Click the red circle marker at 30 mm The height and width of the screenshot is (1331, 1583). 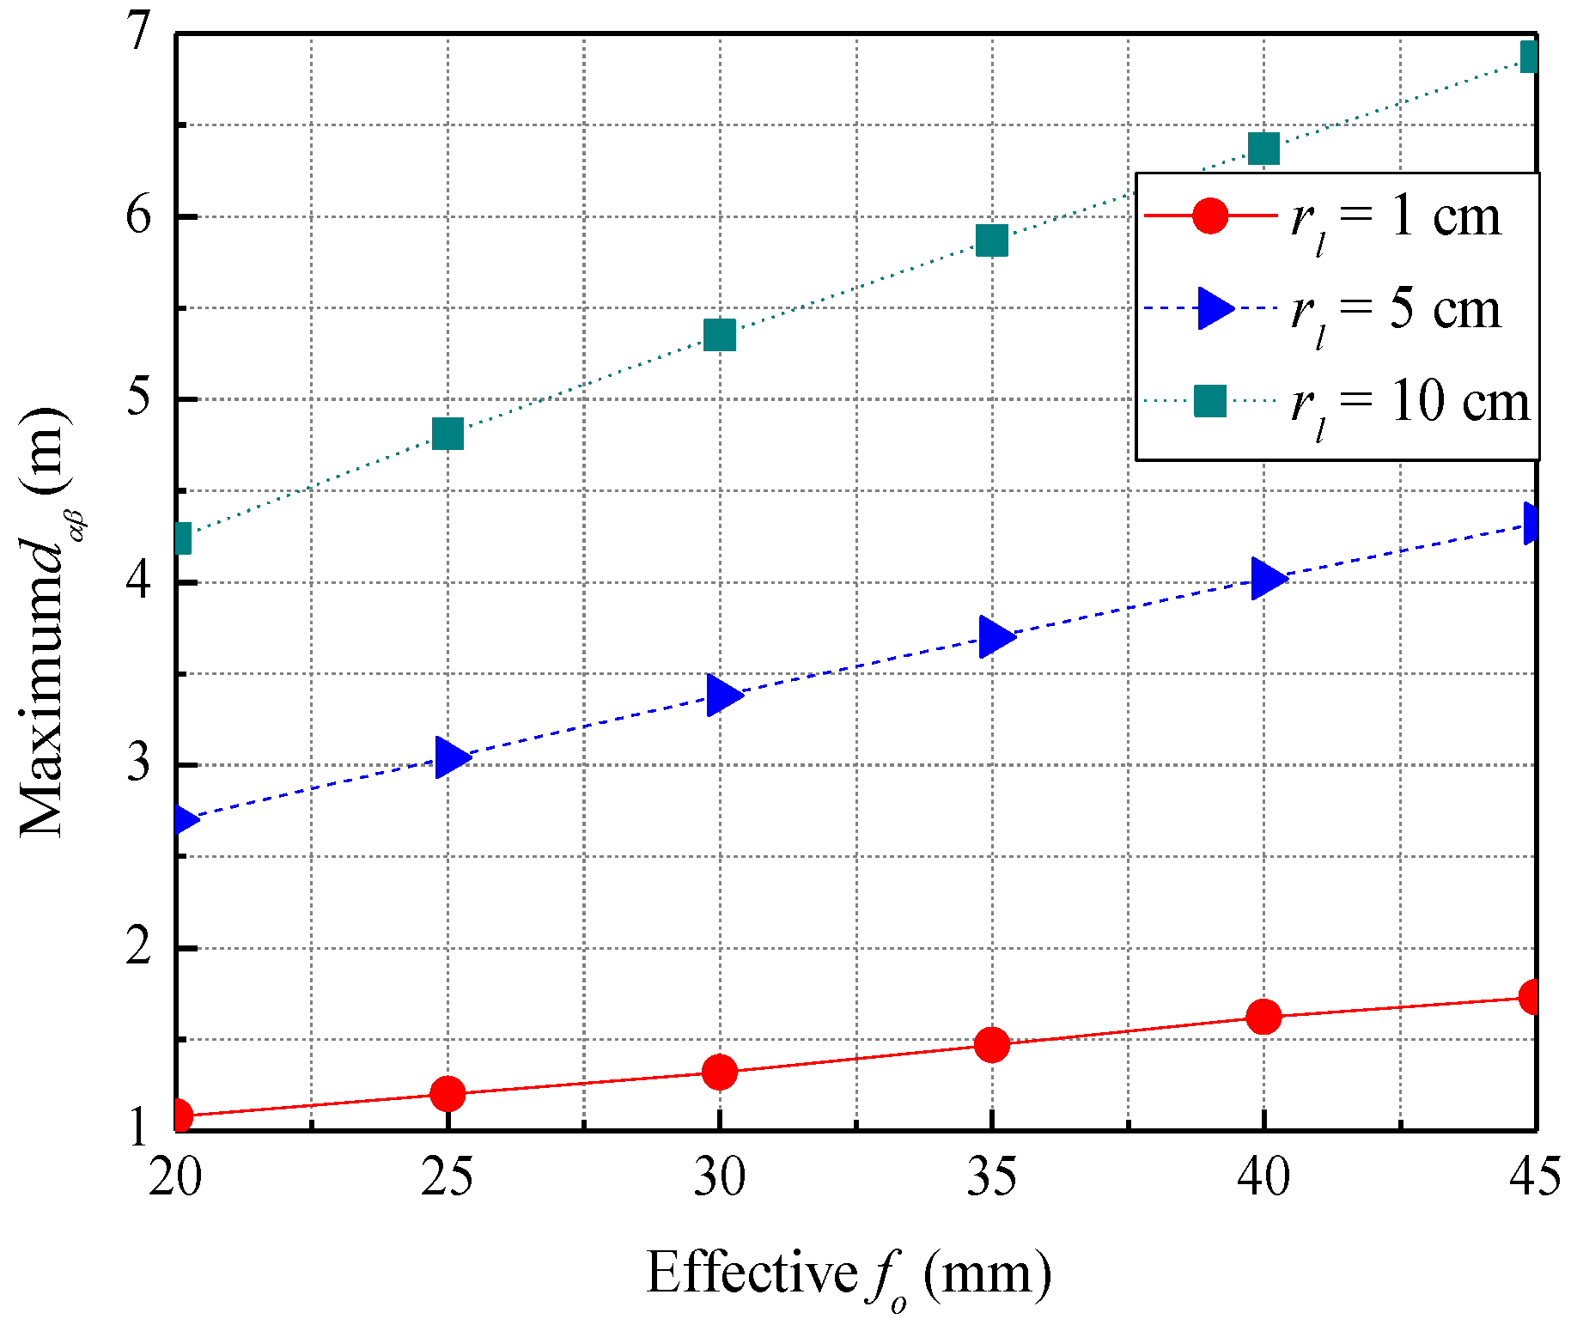coord(719,1072)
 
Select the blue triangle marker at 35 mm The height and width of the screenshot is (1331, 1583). coord(995,636)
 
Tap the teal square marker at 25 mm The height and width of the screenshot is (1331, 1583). coord(448,434)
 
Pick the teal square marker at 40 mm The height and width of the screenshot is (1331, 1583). coord(1263,149)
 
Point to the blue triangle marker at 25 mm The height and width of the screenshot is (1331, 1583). coord(449,757)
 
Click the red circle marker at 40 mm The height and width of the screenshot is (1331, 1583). coord(1263,1017)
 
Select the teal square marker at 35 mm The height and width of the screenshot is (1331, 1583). coord(991,241)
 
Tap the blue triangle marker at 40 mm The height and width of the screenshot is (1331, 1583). coord(1266,578)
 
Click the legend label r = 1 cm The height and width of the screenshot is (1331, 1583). coord(1397,219)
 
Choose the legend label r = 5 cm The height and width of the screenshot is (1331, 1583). coord(1397,311)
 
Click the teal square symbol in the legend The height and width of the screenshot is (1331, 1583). coord(1210,401)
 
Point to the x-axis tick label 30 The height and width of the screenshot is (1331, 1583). coord(719,1176)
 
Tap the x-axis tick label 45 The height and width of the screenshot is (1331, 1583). coord(1535,1176)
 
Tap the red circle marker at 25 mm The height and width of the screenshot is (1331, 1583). coord(448,1093)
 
